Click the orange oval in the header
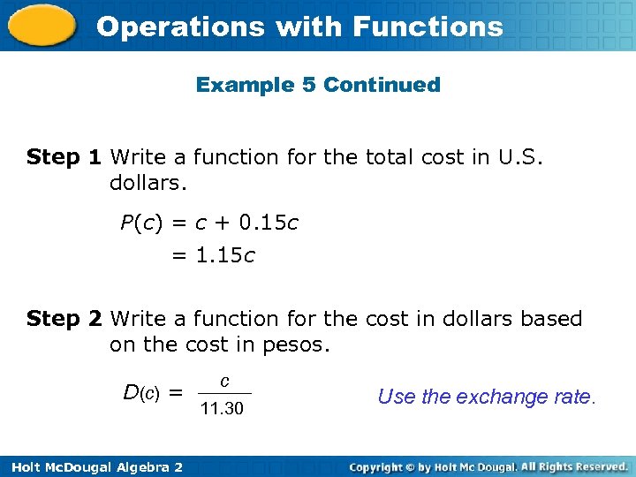39,25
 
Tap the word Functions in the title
428,26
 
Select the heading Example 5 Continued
318,85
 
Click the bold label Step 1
64,157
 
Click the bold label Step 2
64,318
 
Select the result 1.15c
224,256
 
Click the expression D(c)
141,391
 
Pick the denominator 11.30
222,409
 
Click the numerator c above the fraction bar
224,382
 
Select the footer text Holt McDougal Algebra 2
92,466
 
